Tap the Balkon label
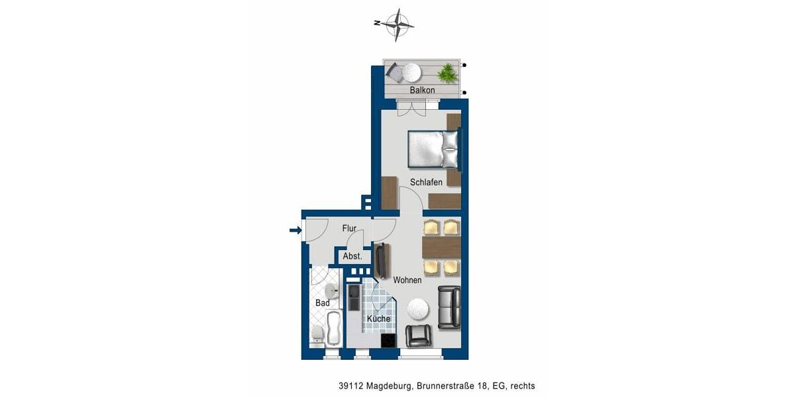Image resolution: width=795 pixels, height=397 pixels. [422, 90]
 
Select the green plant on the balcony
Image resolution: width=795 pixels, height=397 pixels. [448, 72]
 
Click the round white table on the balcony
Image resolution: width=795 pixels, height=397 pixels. [411, 70]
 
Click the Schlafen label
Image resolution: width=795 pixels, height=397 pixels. [426, 182]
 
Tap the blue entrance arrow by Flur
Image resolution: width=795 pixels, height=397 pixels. [295, 230]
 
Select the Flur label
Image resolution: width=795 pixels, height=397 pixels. [349, 228]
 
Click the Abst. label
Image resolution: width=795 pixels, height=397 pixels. [352, 256]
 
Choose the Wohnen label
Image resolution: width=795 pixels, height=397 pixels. [407, 281]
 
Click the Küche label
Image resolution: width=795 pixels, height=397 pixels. [378, 319]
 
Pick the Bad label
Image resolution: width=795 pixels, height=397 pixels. [323, 303]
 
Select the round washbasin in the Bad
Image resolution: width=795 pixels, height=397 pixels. [331, 291]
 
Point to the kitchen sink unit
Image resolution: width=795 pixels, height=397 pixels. [354, 298]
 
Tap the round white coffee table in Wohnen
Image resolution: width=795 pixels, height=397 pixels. [418, 308]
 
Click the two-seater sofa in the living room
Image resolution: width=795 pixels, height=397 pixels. [449, 307]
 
